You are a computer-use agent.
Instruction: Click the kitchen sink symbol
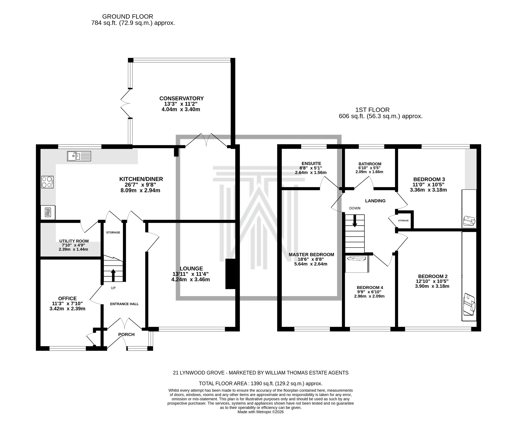point(79,156)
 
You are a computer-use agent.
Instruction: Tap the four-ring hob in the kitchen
point(47,182)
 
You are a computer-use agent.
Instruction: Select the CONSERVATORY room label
point(181,99)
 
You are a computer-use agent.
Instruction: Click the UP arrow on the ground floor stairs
point(113,275)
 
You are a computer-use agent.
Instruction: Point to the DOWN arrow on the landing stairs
point(355,220)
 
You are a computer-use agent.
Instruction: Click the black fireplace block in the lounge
point(230,274)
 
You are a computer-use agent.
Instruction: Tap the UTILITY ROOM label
point(74,241)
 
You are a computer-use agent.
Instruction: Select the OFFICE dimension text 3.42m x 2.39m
point(67,309)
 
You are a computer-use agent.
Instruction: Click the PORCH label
point(126,334)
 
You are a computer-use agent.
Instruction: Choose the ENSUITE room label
point(311,163)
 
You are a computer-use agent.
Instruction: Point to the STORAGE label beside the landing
point(403,221)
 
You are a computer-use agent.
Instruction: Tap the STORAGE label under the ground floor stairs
point(113,232)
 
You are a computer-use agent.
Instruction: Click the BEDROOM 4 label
point(370,287)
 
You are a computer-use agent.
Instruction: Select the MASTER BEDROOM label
point(311,255)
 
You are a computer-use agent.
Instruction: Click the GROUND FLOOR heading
point(127,17)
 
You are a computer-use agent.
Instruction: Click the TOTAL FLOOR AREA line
point(261,383)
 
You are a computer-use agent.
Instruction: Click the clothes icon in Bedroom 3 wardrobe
point(469,221)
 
